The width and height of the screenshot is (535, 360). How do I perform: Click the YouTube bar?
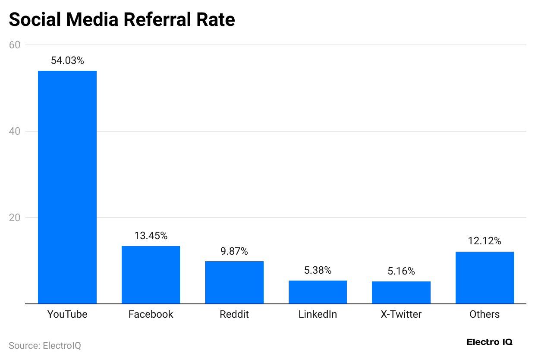(67, 187)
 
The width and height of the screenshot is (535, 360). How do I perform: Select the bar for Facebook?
(151, 275)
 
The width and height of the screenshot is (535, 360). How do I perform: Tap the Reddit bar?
(234, 282)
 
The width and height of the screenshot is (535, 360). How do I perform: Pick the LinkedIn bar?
(318, 292)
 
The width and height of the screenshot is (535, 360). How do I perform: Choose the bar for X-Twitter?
(401, 292)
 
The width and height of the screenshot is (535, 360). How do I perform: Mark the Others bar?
(485, 278)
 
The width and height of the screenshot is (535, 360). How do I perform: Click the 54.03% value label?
(67, 61)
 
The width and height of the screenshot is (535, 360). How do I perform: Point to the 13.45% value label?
(151, 236)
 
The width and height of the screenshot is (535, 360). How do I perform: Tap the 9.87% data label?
(234, 252)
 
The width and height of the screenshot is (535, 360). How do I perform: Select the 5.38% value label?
(318, 271)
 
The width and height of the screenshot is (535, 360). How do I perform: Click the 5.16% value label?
(401, 272)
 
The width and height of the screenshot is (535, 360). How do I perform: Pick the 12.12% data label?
(485, 241)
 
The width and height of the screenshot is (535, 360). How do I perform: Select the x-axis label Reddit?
(234, 314)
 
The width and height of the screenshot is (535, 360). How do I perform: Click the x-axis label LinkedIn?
(318, 314)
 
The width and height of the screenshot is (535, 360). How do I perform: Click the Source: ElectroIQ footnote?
(45, 346)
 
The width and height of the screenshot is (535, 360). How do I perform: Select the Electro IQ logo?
(489, 342)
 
